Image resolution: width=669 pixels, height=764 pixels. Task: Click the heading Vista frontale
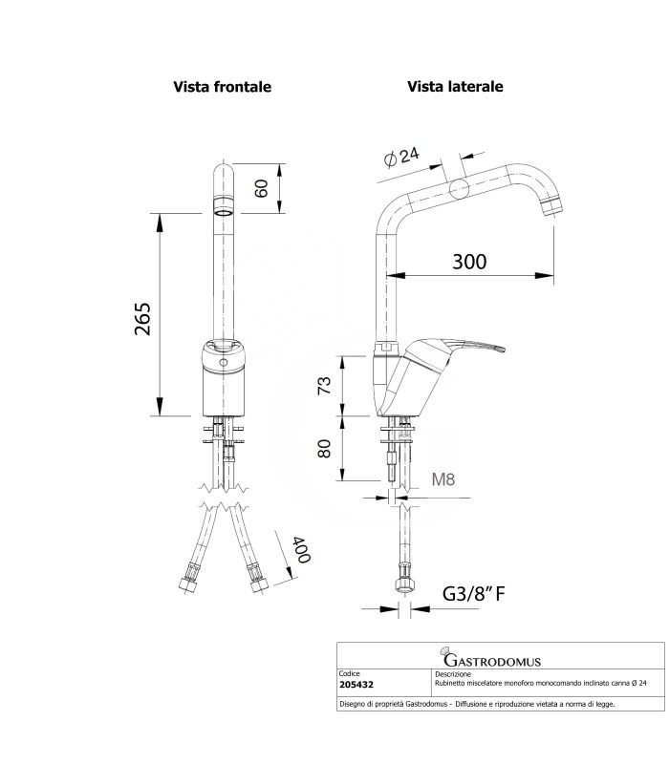(x=222, y=86)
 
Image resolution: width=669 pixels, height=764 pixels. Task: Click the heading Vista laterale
(x=455, y=86)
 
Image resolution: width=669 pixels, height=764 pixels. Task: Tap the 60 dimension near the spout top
(x=261, y=188)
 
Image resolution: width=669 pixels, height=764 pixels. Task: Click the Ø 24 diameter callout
(x=400, y=158)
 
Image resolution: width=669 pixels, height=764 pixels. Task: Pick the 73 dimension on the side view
(x=325, y=386)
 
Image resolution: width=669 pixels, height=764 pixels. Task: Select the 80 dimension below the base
(x=325, y=449)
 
